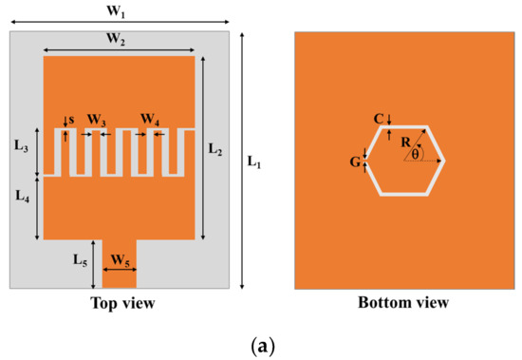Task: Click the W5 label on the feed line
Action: pyautogui.click(x=120, y=258)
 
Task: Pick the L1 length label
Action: pyautogui.click(x=255, y=161)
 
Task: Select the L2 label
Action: pyautogui.click(x=216, y=149)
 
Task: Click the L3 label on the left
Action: pyautogui.click(x=22, y=149)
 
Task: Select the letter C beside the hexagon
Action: pyautogui.click(x=378, y=119)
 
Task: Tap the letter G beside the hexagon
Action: pyautogui.click(x=354, y=161)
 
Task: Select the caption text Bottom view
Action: pyautogui.click(x=402, y=303)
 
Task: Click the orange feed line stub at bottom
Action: pyautogui.click(x=120, y=275)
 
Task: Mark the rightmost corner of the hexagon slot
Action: pyautogui.click(x=446, y=161)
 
